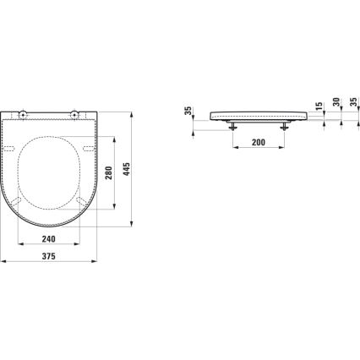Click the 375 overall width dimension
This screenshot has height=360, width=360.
click(54, 259)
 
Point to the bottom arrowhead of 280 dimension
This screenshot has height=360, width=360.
click(117, 225)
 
